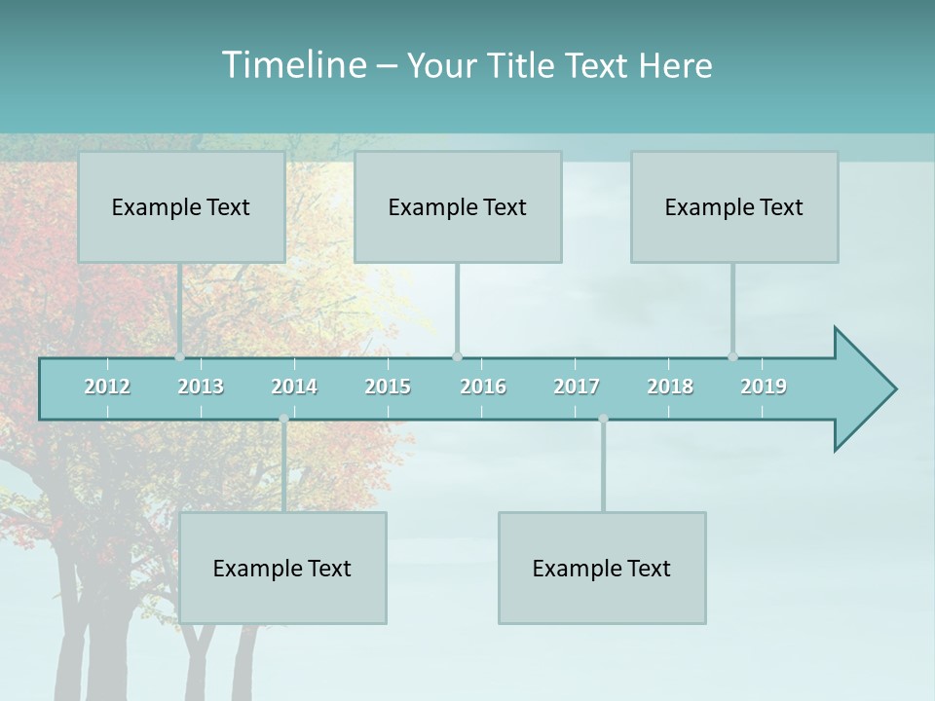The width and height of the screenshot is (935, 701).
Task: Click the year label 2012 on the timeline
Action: tap(107, 387)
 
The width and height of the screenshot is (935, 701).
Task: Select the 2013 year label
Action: tap(201, 387)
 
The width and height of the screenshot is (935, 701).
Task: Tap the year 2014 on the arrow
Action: tap(294, 387)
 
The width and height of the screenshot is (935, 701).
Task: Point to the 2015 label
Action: tap(388, 387)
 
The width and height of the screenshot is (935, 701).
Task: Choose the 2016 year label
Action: tap(483, 387)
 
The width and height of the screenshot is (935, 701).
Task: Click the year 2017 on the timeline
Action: tap(577, 387)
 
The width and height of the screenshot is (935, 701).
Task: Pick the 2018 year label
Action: tap(670, 387)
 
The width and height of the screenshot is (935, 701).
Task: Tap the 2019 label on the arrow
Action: tap(764, 387)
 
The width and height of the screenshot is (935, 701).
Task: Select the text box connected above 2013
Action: tap(181, 206)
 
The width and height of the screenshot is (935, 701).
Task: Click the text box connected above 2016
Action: tap(458, 206)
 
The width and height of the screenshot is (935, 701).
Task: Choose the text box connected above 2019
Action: tap(734, 206)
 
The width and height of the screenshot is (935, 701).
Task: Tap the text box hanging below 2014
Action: tap(282, 568)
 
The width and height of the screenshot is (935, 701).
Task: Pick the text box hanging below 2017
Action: tap(602, 568)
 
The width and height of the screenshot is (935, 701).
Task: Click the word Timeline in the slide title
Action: tap(292, 65)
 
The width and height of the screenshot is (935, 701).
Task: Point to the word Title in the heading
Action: tap(523, 66)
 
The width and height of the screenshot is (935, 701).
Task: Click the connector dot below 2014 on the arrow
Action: tap(283, 419)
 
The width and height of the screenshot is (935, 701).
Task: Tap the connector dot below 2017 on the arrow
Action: tap(603, 419)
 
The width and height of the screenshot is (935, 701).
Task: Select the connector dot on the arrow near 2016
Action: tap(457, 357)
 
